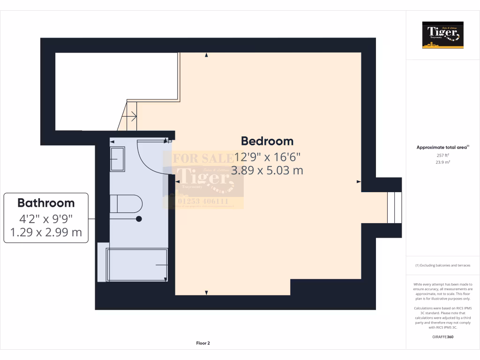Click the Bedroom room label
point(267,141)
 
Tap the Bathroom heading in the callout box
point(46,203)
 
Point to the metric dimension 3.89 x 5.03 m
point(267,170)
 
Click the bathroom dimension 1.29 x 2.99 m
point(46,232)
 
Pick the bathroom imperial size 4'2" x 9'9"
point(46,218)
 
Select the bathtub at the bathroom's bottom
point(137,265)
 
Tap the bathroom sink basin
point(117,159)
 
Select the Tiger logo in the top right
point(442,35)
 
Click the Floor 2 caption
point(203,343)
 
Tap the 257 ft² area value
point(442,155)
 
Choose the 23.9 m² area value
point(442,162)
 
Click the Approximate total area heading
point(442,147)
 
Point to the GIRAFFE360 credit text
point(442,337)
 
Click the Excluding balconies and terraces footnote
point(442,265)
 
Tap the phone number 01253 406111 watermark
point(203,202)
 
